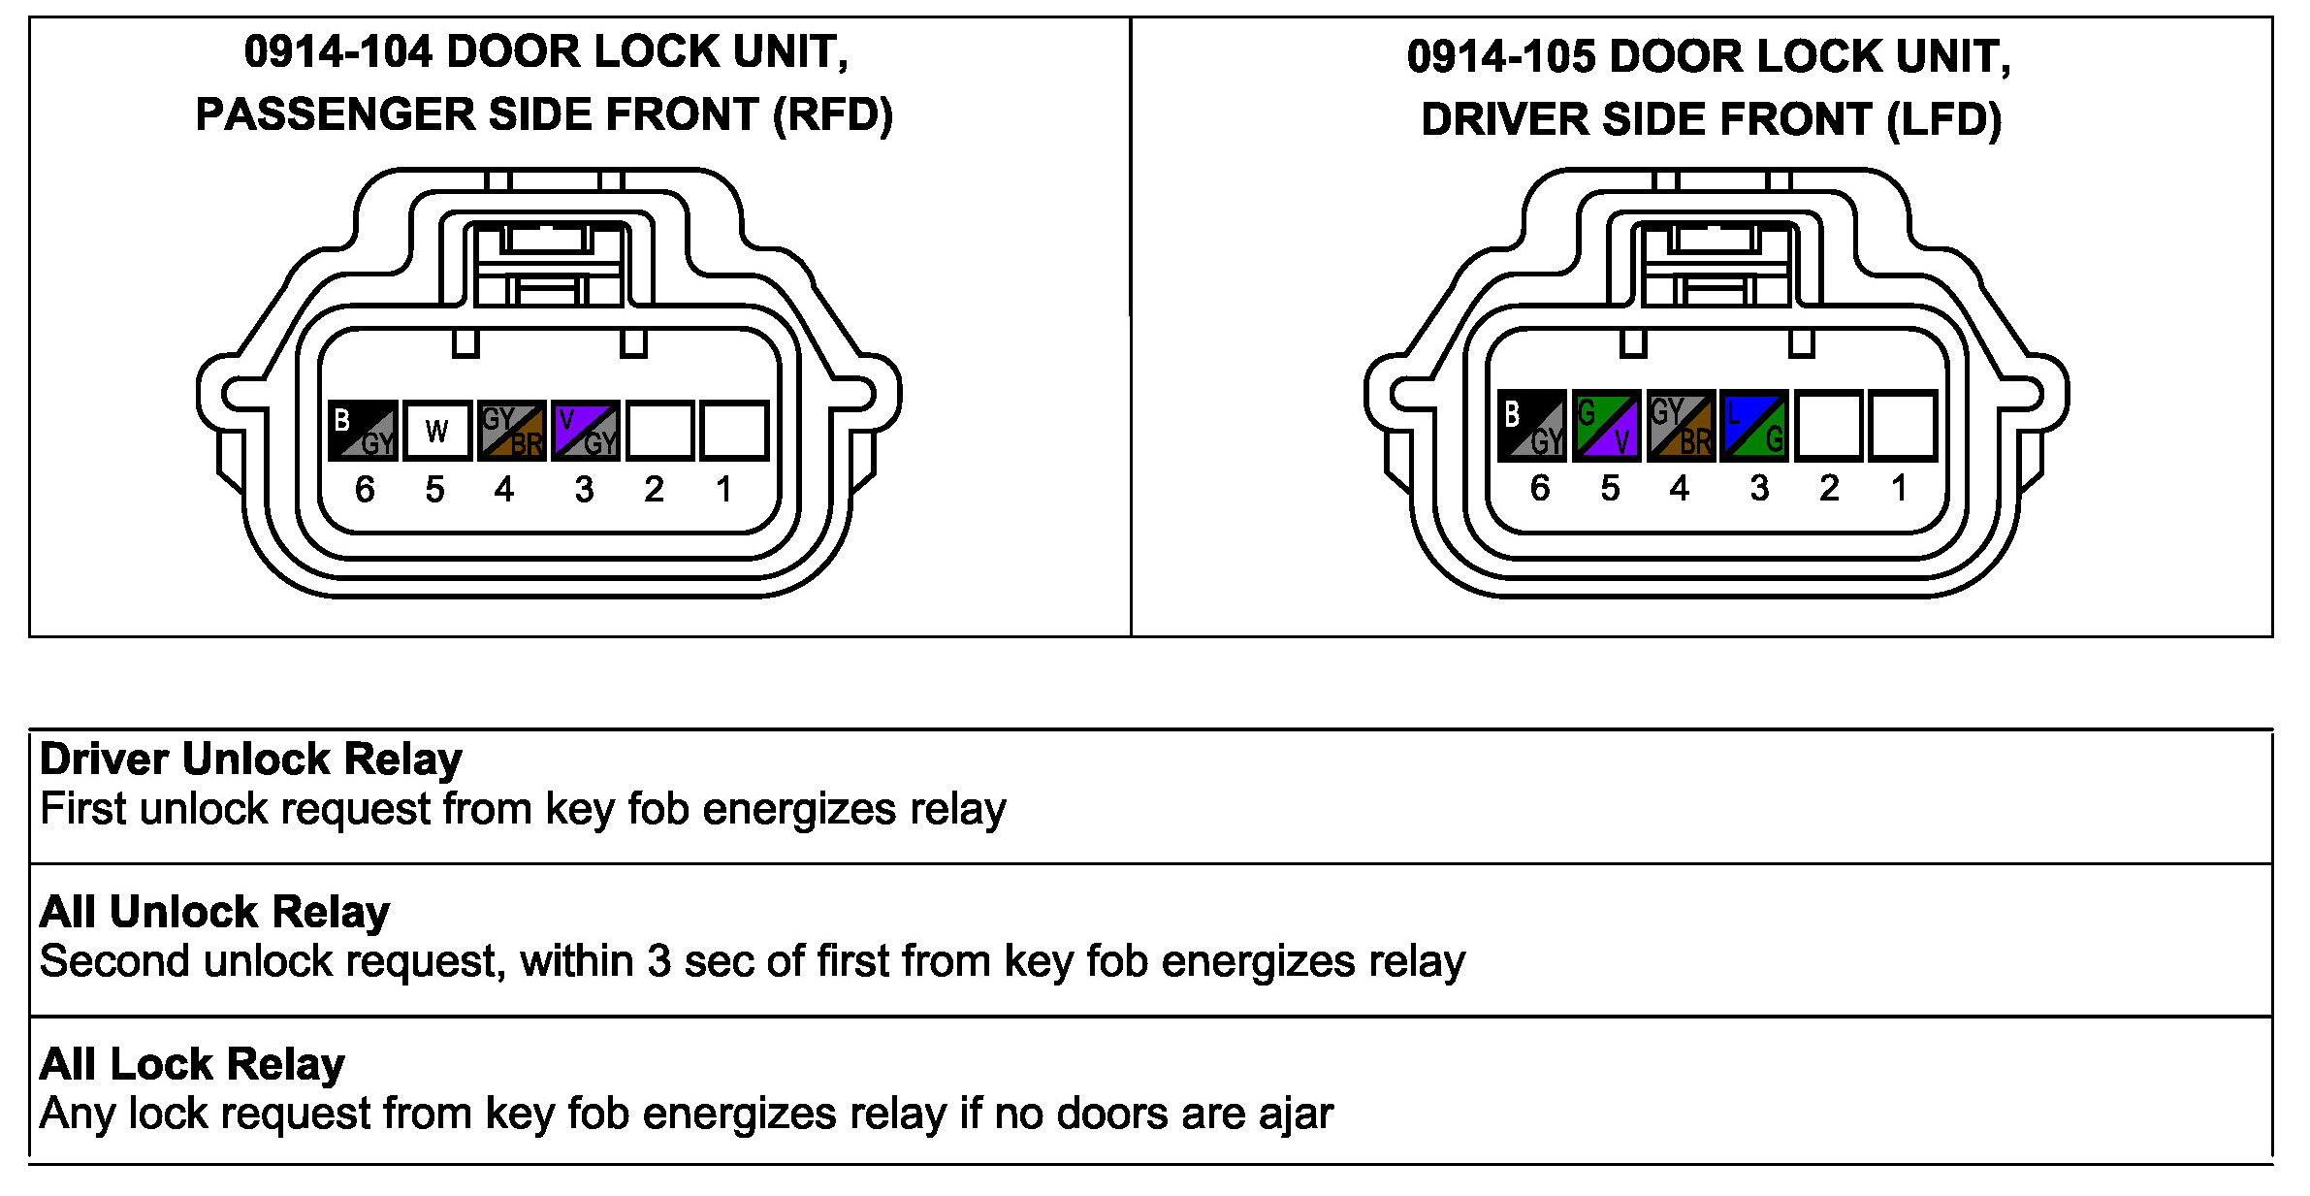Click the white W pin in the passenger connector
coord(437,430)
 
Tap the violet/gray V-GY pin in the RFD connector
coord(586,430)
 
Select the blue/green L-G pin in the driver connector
coord(1754,425)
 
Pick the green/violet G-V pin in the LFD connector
coord(1607,425)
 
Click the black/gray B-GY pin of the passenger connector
coord(363,430)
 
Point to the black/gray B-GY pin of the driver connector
coord(1532,425)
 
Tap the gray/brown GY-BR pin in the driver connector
coord(1681,425)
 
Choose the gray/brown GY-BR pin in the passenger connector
coord(511,430)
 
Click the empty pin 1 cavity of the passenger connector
coord(734,430)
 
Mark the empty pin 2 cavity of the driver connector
coord(1829,425)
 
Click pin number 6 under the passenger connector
coord(365,489)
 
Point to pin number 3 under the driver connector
coord(1759,488)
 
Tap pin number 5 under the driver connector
coord(1610,488)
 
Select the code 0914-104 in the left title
coord(337,52)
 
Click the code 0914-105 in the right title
coord(1500,57)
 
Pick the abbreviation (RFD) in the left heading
coord(832,115)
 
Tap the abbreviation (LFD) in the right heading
coord(1944,120)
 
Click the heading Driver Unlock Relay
coord(251,760)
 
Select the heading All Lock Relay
coord(192,1064)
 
